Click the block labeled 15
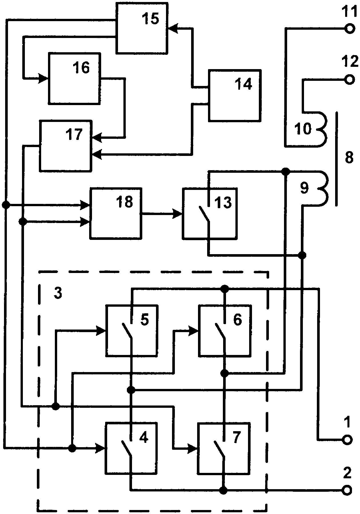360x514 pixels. (142, 27)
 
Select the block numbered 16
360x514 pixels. (75, 78)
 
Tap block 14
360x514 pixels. (235, 95)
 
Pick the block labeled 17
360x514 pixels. (66, 146)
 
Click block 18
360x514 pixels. (116, 213)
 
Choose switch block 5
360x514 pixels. (131, 330)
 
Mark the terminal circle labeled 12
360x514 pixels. (349, 80)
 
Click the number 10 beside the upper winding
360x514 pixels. (303, 129)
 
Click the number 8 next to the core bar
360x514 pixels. (349, 157)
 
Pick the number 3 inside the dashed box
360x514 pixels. (58, 293)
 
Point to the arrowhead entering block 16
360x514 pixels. (44, 78)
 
